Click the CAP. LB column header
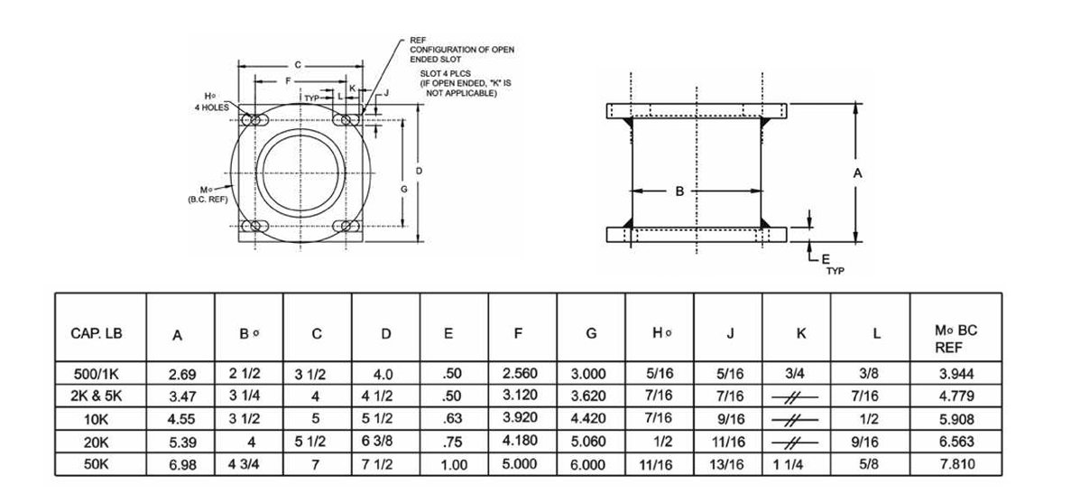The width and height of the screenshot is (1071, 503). pyautogui.click(x=96, y=333)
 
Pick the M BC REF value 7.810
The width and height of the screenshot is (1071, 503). pyautogui.click(x=956, y=464)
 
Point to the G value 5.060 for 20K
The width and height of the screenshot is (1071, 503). pyautogui.click(x=591, y=441)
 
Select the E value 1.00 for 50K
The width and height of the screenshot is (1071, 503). pyautogui.click(x=454, y=465)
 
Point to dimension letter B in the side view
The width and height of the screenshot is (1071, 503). pyautogui.click(x=681, y=191)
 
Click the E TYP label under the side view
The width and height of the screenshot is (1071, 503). pyautogui.click(x=830, y=263)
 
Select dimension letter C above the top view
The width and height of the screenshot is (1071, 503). pyautogui.click(x=297, y=65)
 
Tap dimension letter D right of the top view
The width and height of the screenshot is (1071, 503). pyautogui.click(x=420, y=171)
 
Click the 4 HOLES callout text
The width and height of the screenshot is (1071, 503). pyautogui.click(x=209, y=107)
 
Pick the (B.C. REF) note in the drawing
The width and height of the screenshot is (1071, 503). pyautogui.click(x=207, y=198)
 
